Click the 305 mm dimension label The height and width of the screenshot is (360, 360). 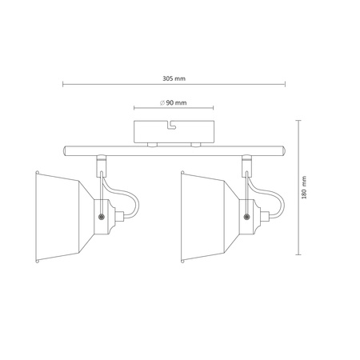tap(174, 78)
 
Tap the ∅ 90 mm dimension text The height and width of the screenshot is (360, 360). tap(174, 102)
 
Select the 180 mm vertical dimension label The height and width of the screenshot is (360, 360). tap(304, 187)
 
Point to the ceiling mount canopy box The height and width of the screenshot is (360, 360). tap(174, 132)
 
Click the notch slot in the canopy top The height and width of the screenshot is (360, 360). tap(172, 125)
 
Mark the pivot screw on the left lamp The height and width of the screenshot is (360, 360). tap(102, 217)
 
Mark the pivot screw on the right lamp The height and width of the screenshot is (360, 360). tap(247, 217)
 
